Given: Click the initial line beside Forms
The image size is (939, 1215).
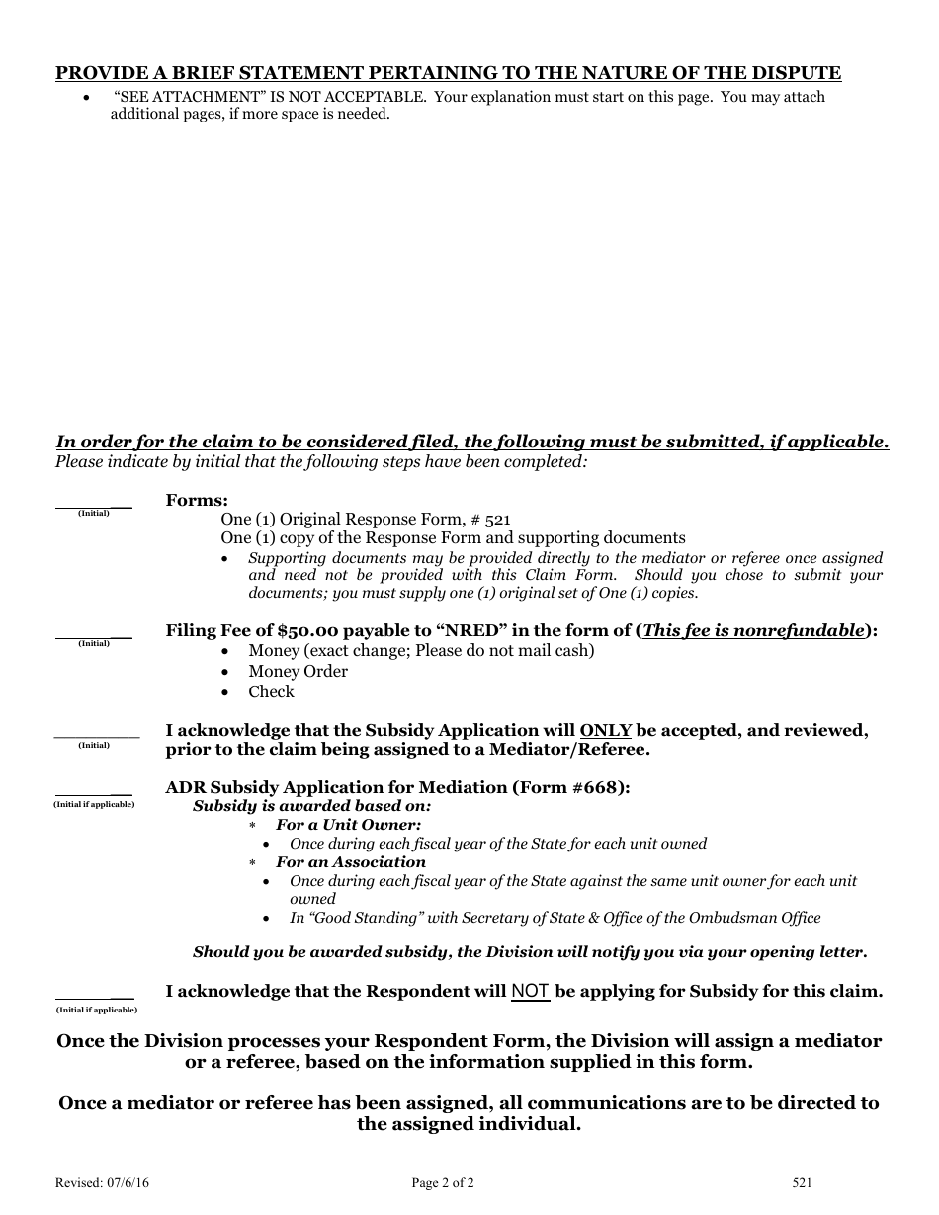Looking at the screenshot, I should [94, 506].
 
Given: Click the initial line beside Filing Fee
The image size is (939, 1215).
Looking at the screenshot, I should [94, 636].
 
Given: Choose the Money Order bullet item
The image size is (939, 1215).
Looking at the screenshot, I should [298, 672].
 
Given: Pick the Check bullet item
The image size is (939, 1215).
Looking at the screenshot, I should [271, 692].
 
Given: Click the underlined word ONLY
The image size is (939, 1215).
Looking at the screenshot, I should [606, 731].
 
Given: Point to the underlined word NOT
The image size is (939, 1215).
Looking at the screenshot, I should [531, 991].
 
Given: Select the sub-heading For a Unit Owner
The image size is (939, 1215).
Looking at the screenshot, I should [348, 825].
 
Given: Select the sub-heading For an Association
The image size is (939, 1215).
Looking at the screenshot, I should [350, 862].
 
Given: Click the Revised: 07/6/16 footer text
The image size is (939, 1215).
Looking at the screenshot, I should [96, 1182].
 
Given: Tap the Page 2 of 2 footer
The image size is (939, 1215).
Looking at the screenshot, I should [443, 1182].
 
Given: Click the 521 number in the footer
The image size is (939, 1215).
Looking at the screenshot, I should [802, 1182].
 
